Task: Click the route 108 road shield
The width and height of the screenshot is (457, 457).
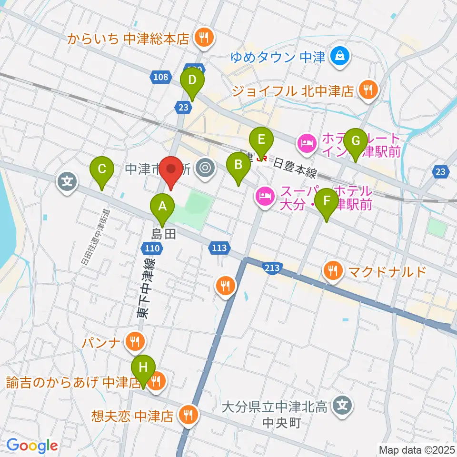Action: pyautogui.click(x=161, y=76)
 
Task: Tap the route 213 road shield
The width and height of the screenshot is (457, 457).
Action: pyautogui.click(x=270, y=268)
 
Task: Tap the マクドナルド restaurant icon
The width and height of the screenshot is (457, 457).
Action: pyautogui.click(x=332, y=271)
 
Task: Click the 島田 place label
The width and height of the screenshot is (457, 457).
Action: pyautogui.click(x=164, y=233)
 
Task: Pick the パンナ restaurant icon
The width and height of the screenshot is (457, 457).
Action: pyautogui.click(x=134, y=341)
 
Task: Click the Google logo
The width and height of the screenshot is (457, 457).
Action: pyautogui.click(x=32, y=446)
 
